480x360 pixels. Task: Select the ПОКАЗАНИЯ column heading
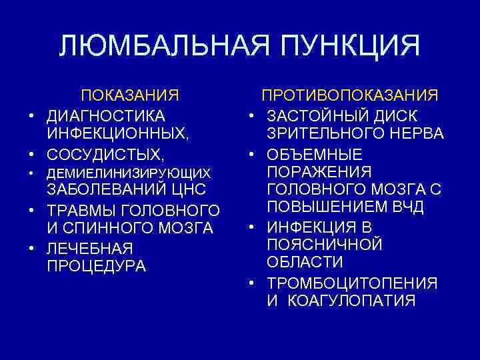coord(130,95)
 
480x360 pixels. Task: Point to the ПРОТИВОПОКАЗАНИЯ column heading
coord(349,95)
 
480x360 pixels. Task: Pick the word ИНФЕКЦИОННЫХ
coord(118,134)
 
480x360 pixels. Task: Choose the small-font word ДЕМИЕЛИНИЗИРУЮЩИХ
coord(128,173)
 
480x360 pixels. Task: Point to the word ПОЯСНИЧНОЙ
coord(325,244)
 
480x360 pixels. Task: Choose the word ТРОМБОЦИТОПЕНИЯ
coord(352,283)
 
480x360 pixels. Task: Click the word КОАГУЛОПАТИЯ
coord(351,301)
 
